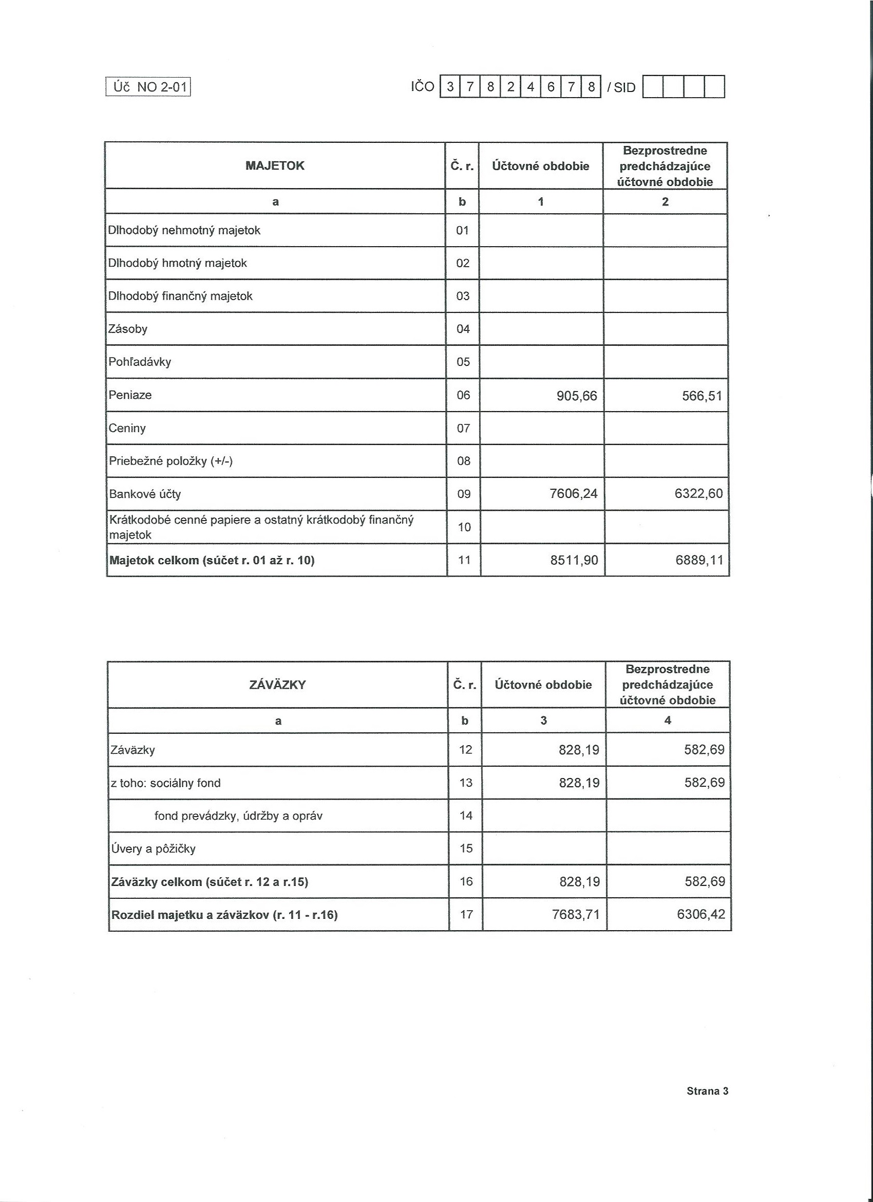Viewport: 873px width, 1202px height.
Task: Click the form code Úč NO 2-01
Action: [x=149, y=86]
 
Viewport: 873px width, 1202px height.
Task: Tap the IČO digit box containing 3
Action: [x=450, y=87]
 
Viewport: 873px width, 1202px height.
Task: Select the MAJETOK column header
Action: [x=275, y=166]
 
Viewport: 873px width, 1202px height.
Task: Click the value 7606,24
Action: [x=574, y=494]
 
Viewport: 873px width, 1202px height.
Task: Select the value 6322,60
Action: [x=699, y=494]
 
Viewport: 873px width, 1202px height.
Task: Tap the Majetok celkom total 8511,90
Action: [x=574, y=560]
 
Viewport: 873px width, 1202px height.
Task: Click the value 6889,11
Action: [x=699, y=560]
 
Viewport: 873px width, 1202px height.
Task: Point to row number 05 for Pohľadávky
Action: [x=463, y=362]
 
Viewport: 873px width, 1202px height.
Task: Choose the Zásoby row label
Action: [x=128, y=329]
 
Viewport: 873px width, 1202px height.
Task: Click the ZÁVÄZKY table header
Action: [x=278, y=685]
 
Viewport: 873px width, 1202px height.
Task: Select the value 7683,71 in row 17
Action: [x=575, y=914]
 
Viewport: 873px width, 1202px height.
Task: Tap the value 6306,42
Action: [x=701, y=914]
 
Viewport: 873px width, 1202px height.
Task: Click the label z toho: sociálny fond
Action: [x=166, y=783]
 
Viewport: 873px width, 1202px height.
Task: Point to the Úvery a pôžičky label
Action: [x=154, y=848]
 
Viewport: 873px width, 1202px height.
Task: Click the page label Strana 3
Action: [x=707, y=1090]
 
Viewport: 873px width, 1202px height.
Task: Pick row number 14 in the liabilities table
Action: [x=466, y=816]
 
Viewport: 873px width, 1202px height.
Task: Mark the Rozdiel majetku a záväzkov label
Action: [x=224, y=915]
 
